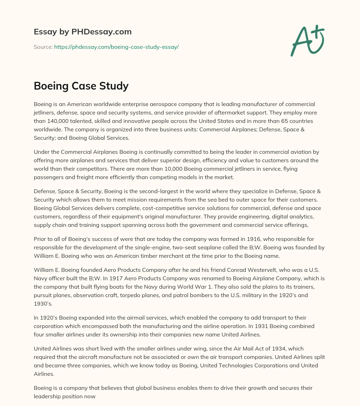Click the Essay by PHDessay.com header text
click(83, 32)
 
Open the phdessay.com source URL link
click(116, 47)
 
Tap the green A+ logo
click(307, 41)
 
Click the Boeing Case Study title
click(81, 85)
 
